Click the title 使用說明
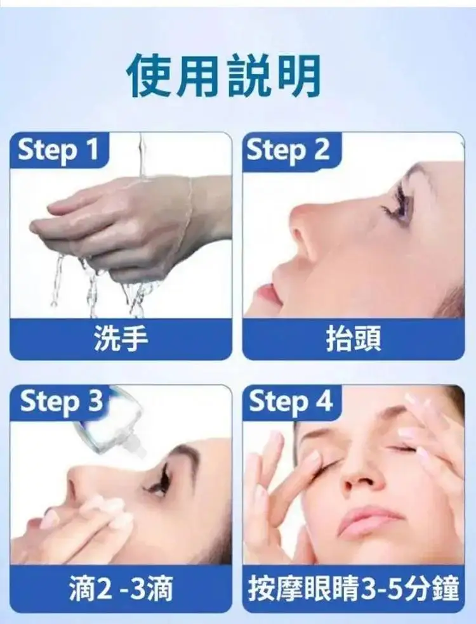[x=224, y=75]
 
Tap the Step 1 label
[x=58, y=150]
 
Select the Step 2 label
[x=288, y=150]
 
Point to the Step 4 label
[x=291, y=401]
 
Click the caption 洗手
[x=121, y=339]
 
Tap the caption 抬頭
[x=354, y=339]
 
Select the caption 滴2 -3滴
[x=121, y=589]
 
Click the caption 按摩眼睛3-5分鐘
[x=354, y=589]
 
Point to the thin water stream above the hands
[x=142, y=155]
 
